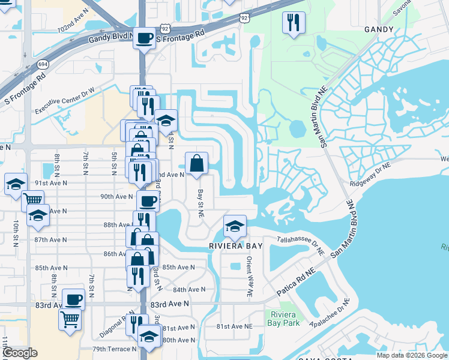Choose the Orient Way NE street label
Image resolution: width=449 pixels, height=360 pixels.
(x=250, y=277)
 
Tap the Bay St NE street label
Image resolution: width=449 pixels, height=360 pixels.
(x=201, y=205)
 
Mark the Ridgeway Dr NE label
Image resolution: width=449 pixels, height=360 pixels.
(x=370, y=175)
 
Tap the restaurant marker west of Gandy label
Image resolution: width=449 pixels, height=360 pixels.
(x=294, y=23)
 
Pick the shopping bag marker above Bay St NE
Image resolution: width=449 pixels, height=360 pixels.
(x=196, y=163)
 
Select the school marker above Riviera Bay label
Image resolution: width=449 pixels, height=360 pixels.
(x=235, y=226)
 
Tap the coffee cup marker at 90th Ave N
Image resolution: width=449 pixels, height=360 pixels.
(x=148, y=201)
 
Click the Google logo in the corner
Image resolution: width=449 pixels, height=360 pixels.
(x=19, y=353)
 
